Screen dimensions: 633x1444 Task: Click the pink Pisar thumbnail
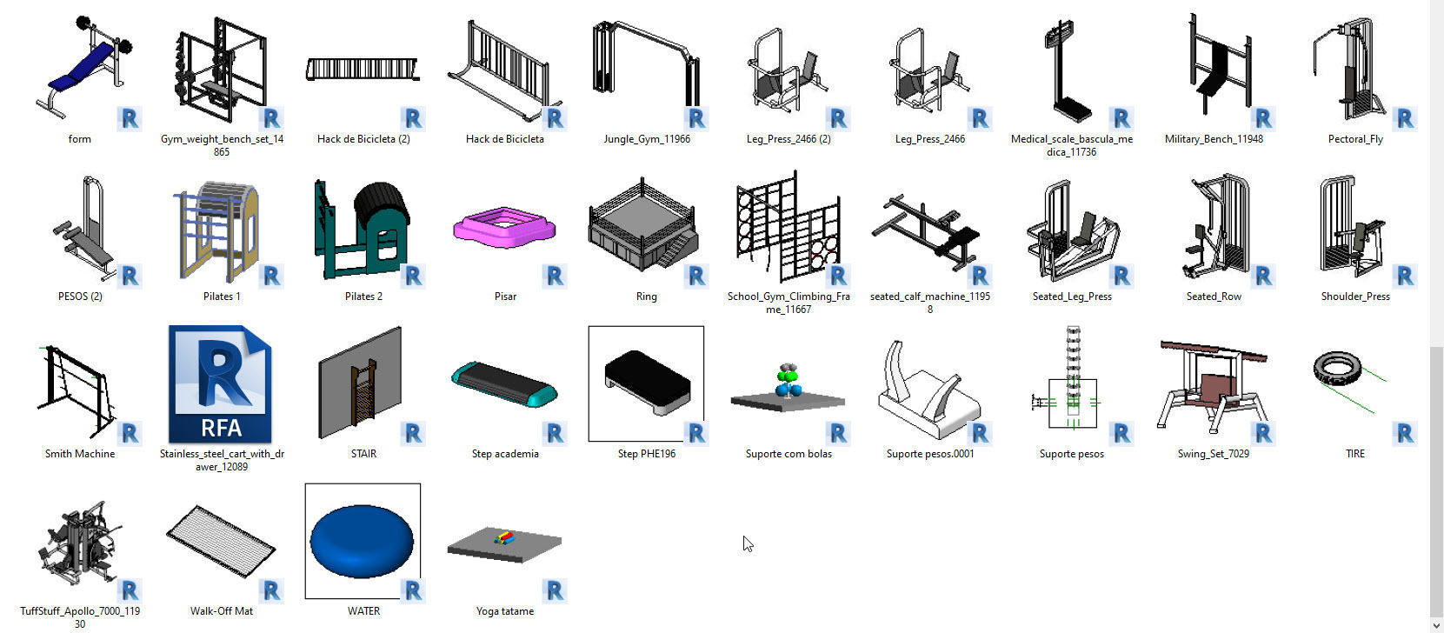(503, 227)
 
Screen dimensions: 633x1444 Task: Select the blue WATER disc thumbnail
(362, 540)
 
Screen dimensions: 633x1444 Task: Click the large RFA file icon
(221, 384)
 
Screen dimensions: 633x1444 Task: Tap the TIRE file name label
(1354, 454)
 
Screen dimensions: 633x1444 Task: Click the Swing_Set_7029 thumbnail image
(1212, 384)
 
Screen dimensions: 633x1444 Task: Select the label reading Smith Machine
(80, 454)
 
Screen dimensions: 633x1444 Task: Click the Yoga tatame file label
(504, 611)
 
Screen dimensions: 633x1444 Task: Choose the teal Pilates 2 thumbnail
(362, 228)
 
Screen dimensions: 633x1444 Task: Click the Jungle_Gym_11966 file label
(646, 139)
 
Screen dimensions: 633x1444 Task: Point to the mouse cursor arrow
(747, 543)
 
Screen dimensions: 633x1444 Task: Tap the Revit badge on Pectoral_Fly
(1404, 118)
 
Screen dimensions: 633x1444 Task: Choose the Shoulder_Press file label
(1354, 297)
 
